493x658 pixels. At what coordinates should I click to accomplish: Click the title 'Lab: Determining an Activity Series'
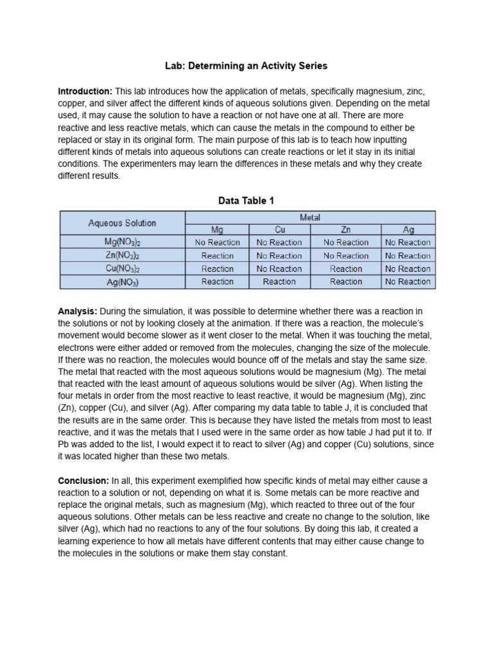pos(246,66)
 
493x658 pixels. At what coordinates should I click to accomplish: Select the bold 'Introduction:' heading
pos(85,92)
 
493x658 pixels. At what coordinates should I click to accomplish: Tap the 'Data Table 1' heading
pos(246,201)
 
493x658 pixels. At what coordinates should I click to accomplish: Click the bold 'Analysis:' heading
pos(78,311)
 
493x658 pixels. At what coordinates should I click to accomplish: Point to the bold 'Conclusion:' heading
pos(83,481)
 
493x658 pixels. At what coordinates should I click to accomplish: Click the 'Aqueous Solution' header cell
pos(122,223)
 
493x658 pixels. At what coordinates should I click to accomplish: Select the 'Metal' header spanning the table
pos(310,218)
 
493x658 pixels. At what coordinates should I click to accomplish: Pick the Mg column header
pos(217,229)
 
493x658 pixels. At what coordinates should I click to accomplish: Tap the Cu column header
pos(279,229)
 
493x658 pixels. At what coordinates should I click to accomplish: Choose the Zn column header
pos(346,229)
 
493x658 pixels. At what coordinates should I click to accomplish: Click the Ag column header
pos(408,229)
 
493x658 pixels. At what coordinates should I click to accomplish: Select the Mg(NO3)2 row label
pos(122,242)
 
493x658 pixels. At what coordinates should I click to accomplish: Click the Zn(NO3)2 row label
pos(122,256)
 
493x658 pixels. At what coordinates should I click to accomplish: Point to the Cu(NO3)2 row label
pos(122,269)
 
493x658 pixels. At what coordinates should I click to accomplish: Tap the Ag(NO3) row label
pos(122,281)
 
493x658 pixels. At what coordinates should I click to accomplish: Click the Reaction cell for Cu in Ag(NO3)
pos(279,281)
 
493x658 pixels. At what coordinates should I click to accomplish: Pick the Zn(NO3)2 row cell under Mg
pos(217,256)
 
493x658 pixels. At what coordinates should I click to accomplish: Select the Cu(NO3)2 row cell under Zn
pos(346,269)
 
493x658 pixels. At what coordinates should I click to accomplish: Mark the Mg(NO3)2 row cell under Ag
pos(408,242)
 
